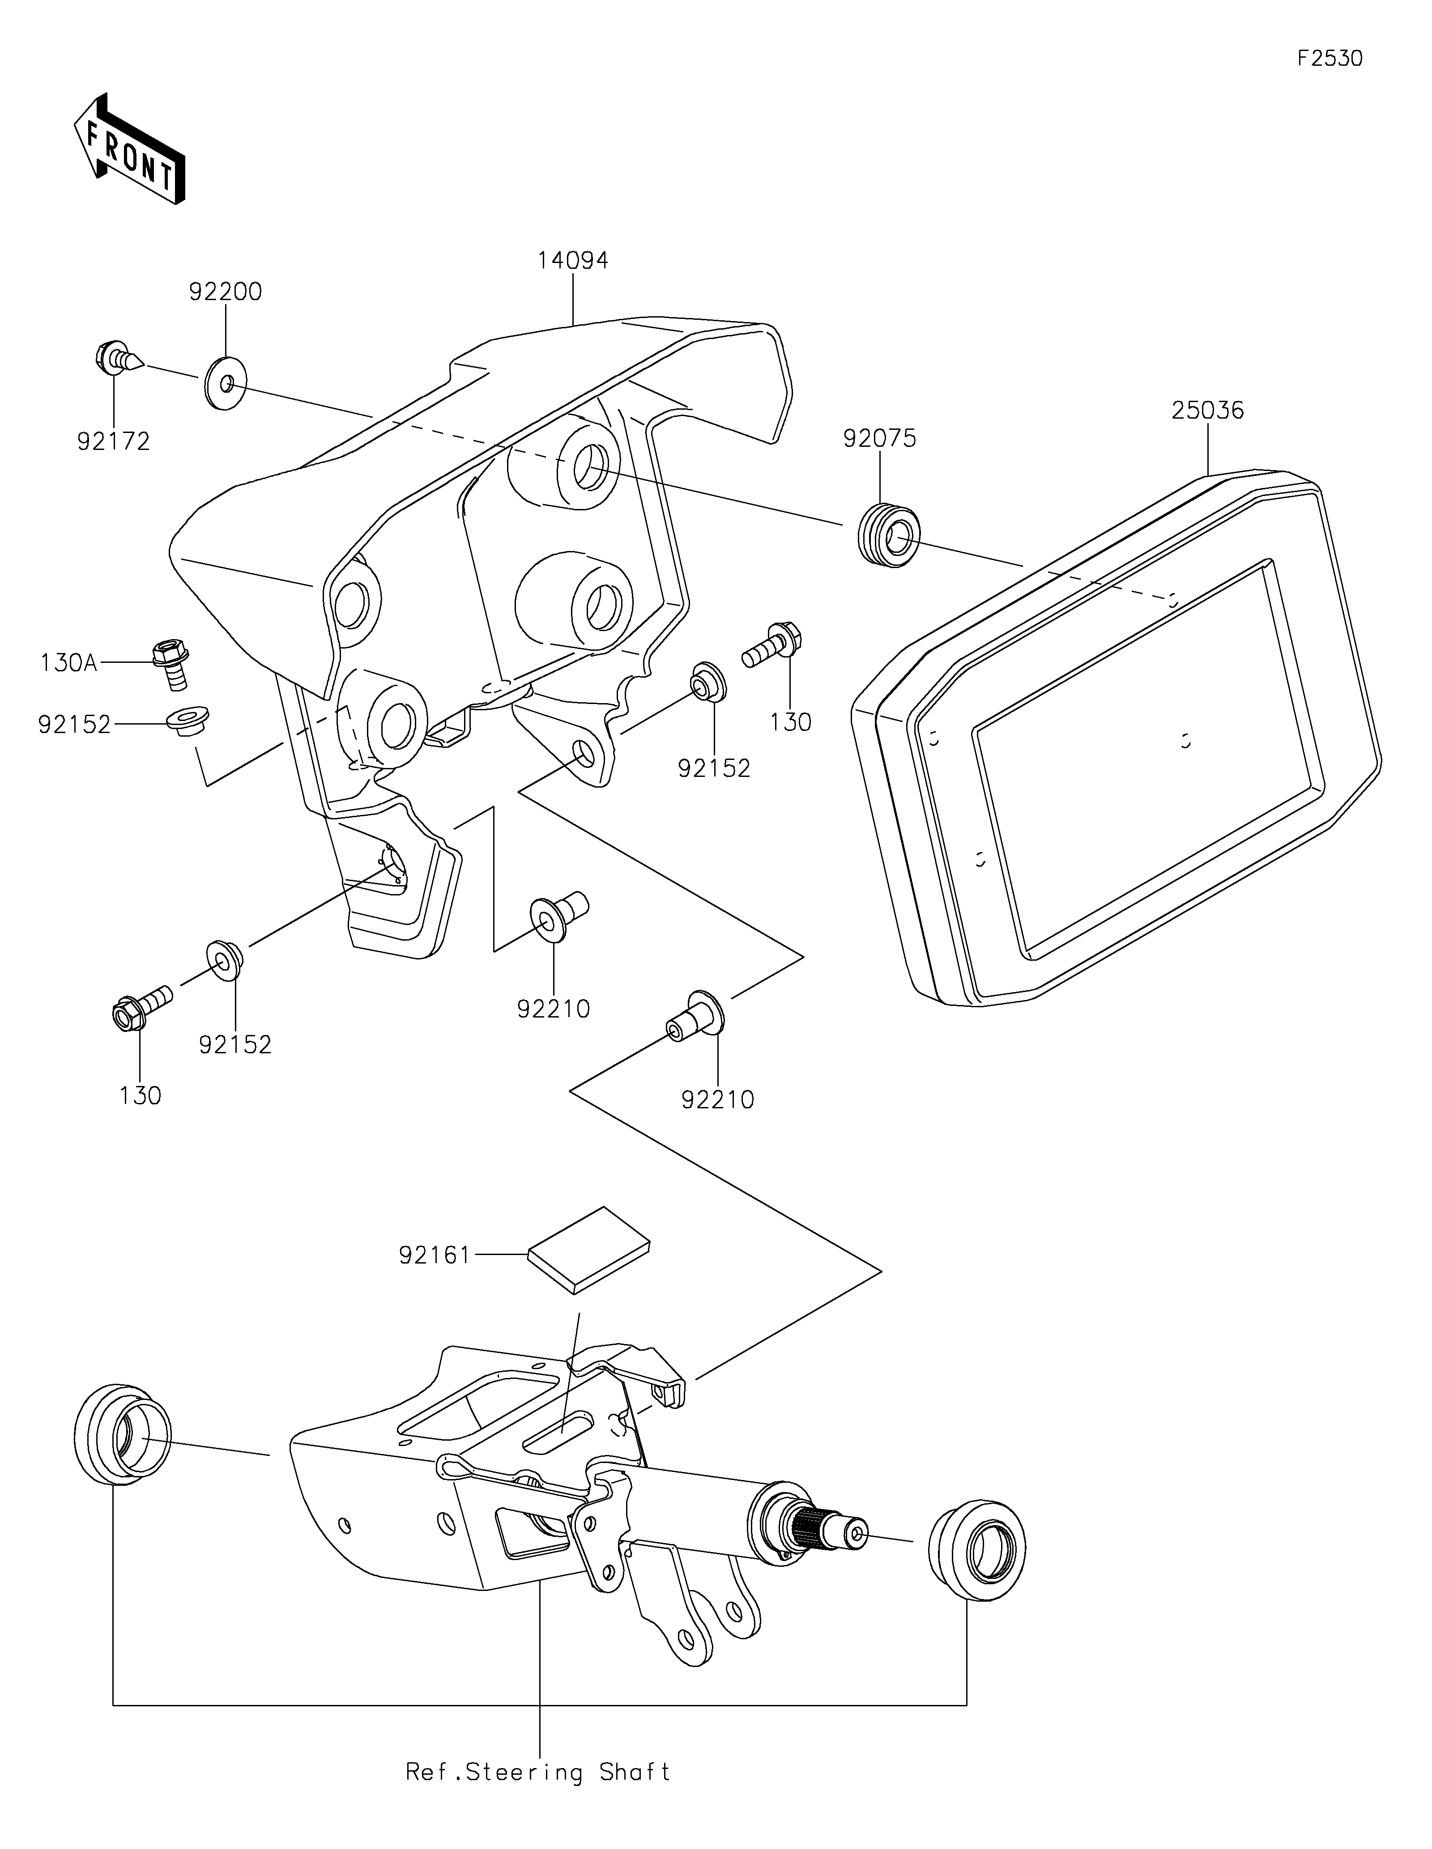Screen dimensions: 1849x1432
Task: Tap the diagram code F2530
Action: click(1330, 59)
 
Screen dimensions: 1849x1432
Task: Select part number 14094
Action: click(572, 260)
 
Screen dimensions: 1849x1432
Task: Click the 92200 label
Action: click(225, 292)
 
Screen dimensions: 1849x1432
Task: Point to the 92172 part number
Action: click(114, 441)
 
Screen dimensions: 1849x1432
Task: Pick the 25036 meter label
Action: click(1208, 411)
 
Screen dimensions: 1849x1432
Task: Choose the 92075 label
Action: click(880, 438)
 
